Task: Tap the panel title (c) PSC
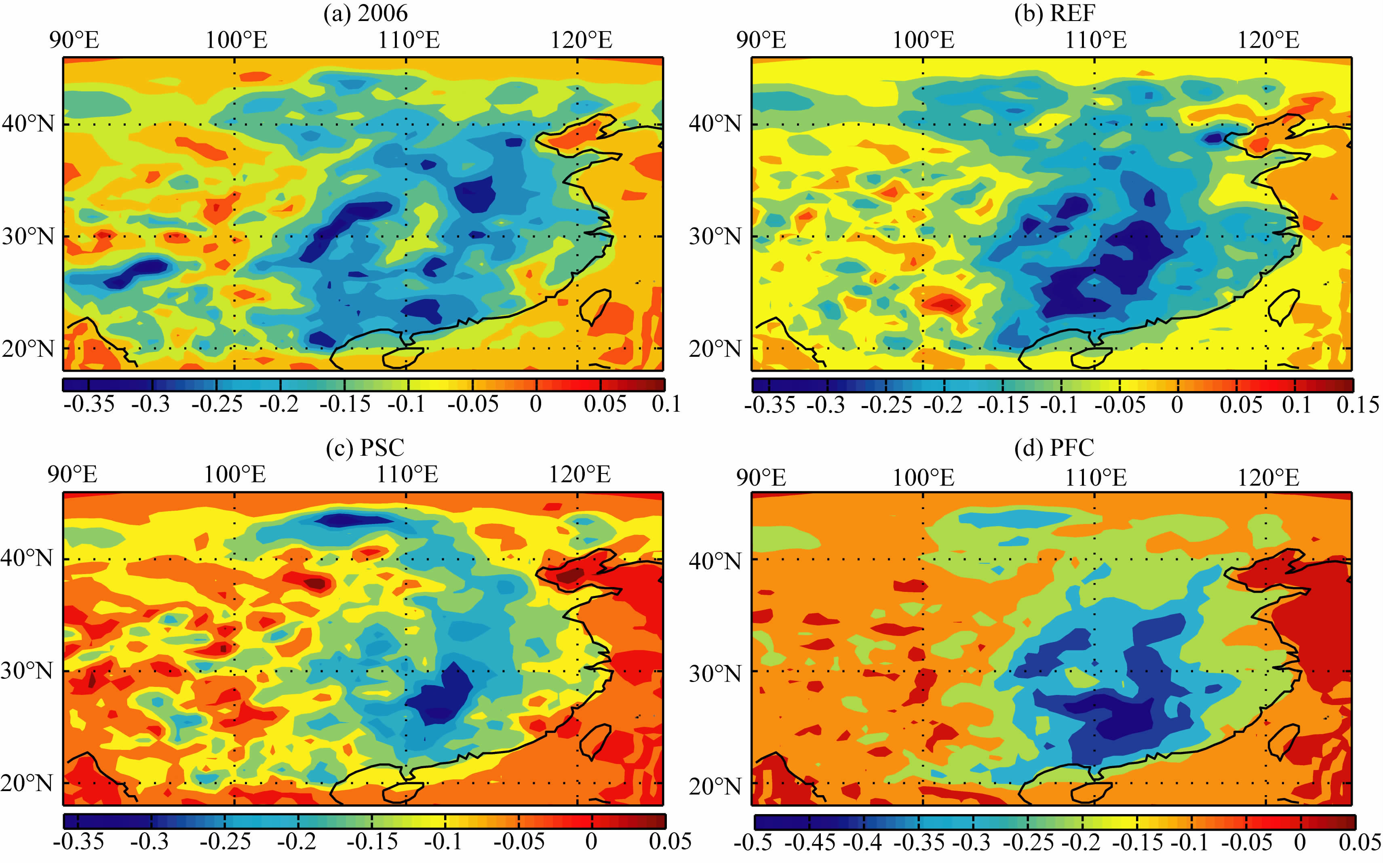[x=365, y=448]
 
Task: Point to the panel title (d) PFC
[x=1054, y=448]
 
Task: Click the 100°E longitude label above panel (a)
[x=236, y=40]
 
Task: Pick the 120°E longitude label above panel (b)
[x=1268, y=40]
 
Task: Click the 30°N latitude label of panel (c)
[x=27, y=670]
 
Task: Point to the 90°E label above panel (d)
[x=761, y=477]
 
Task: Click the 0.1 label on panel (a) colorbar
[x=666, y=404]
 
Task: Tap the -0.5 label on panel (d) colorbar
[x=753, y=842]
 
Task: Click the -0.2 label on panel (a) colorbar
[x=279, y=404]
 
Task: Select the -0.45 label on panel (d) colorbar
[x=810, y=842]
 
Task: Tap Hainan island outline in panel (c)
[x=403, y=791]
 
